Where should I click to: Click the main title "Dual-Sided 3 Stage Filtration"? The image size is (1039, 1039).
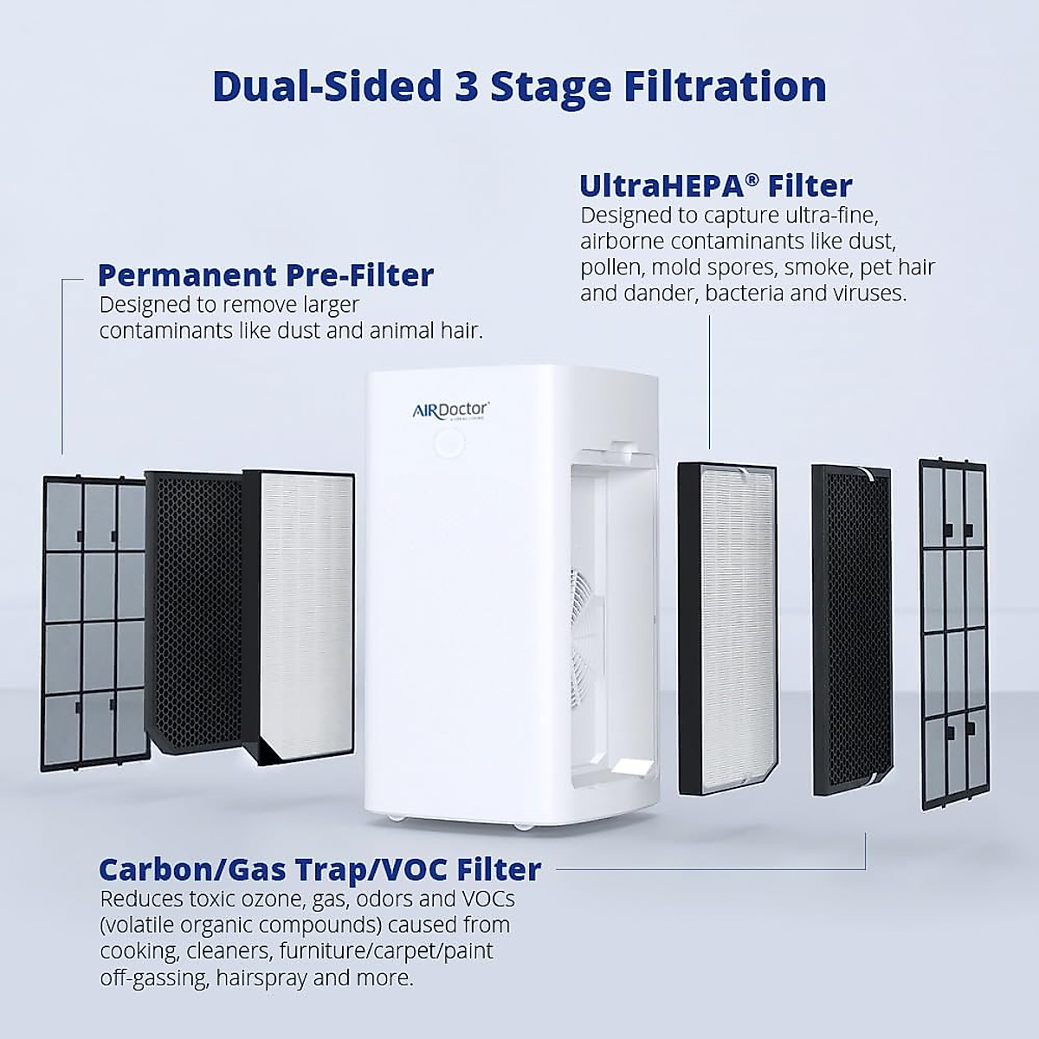tap(519, 87)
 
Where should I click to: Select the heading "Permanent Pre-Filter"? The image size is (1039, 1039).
tap(265, 275)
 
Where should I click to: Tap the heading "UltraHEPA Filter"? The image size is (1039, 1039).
tap(715, 186)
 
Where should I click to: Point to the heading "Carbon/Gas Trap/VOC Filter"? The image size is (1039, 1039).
tap(319, 869)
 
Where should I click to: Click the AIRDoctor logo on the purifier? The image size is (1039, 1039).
tap(450, 410)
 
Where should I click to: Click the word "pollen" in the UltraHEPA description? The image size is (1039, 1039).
tap(612, 268)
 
